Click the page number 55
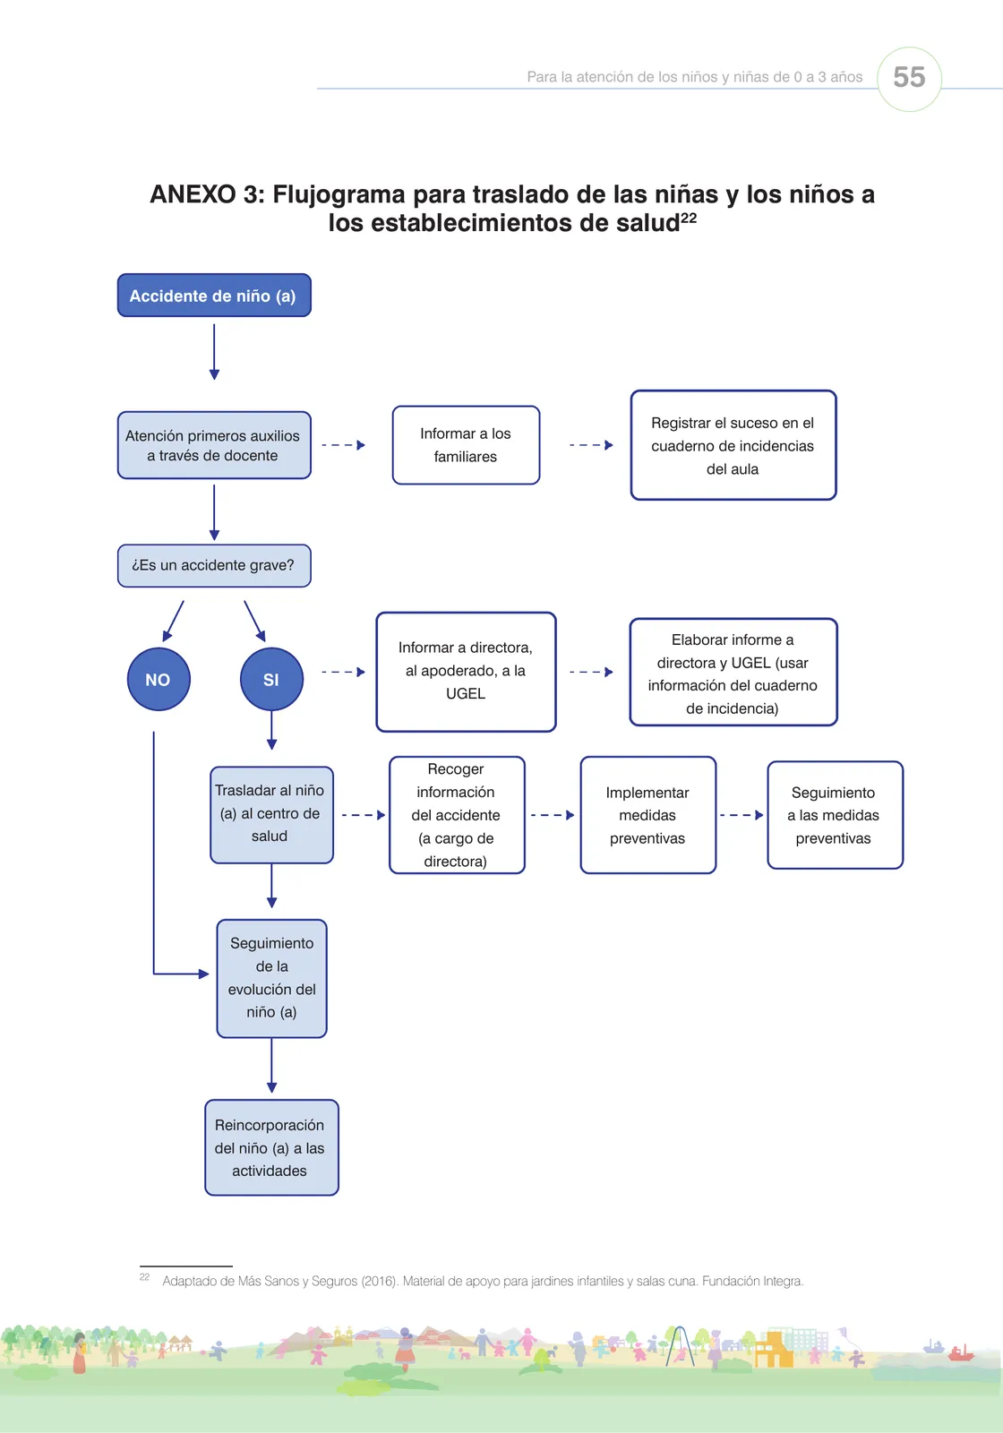909,77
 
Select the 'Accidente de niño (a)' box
214,296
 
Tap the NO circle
158,679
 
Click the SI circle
271,679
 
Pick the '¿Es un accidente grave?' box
214,565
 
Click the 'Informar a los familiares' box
466,445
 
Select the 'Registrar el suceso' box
733,445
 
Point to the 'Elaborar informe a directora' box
733,673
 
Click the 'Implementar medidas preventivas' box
648,815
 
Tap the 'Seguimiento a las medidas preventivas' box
835,815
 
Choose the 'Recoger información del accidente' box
457,815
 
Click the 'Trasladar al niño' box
271,815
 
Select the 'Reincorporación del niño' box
271,1147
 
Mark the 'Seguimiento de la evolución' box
271,979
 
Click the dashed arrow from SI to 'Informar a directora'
344,672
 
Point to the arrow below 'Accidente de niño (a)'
214,352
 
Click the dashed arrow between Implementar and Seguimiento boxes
742,815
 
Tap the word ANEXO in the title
193,194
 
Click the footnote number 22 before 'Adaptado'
144,1277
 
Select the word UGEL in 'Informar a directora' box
466,693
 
